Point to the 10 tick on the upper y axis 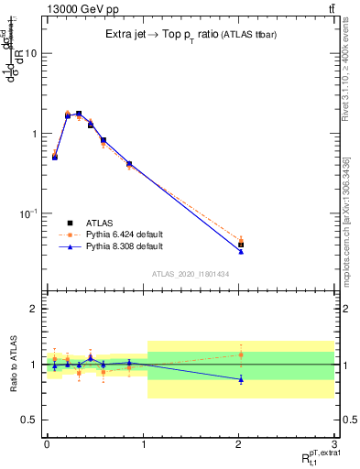(31, 53)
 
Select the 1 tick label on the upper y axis (34, 134)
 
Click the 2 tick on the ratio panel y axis (34, 309)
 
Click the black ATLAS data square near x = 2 (241, 245)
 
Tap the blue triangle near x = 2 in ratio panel (241, 379)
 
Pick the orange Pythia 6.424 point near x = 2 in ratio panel (241, 354)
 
